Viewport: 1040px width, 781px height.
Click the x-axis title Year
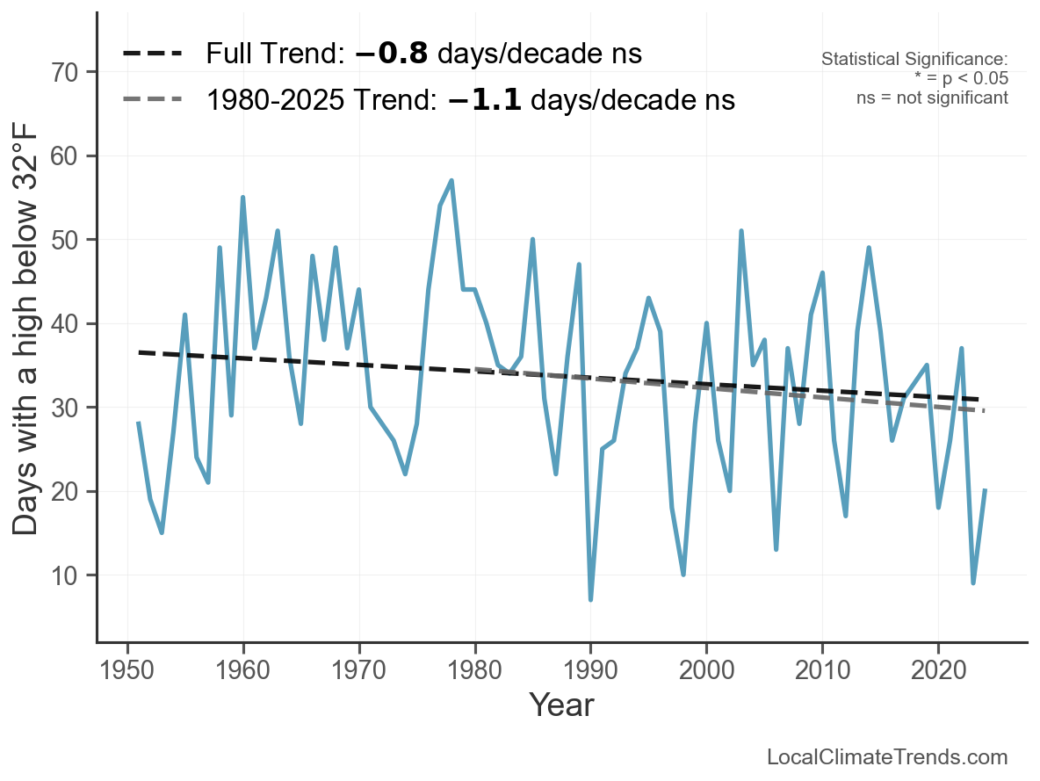(x=561, y=705)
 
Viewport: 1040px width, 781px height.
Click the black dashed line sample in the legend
(x=152, y=54)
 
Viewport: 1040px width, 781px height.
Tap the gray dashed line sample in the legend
(x=152, y=99)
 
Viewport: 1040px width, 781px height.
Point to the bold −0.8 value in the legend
(x=392, y=54)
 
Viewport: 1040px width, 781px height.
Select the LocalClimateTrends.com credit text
(x=887, y=757)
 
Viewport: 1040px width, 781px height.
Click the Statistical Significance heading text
(x=914, y=60)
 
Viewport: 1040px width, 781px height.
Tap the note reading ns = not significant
(x=932, y=98)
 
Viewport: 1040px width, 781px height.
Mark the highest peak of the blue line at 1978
(x=451, y=181)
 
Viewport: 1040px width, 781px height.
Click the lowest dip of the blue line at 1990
(x=590, y=599)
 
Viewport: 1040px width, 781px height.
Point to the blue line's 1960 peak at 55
(x=242, y=198)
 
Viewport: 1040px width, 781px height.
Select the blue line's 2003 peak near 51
(x=741, y=231)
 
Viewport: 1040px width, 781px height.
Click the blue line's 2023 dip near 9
(x=973, y=582)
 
